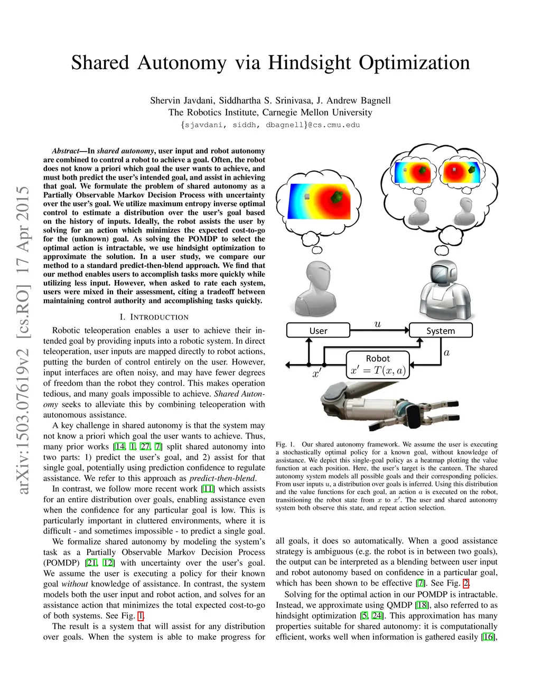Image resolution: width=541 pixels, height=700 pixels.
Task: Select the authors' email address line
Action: pyautogui.click(x=270, y=125)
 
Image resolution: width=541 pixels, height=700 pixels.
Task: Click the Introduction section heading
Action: pyautogui.click(x=154, y=317)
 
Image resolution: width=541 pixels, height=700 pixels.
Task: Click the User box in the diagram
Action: pyautogui.click(x=318, y=331)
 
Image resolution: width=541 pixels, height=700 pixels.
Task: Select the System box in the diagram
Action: pyautogui.click(x=441, y=331)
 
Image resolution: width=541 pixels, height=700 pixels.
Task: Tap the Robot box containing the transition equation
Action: pyautogui.click(x=378, y=365)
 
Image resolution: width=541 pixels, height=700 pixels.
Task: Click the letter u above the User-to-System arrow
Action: pyautogui.click(x=377, y=323)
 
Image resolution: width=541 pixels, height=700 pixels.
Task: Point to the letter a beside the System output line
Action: pyautogui.click(x=446, y=352)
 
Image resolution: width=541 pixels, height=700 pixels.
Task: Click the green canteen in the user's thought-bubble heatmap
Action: pyautogui.click(x=337, y=197)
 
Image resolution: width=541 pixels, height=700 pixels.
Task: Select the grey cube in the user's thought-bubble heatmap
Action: pyautogui.click(x=307, y=197)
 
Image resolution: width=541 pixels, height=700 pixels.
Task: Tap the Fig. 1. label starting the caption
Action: pyautogui.click(x=285, y=444)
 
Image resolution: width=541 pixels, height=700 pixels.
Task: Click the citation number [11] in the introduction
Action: pyautogui.click(x=208, y=489)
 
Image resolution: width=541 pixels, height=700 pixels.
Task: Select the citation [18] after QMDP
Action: pyautogui.click(x=422, y=605)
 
